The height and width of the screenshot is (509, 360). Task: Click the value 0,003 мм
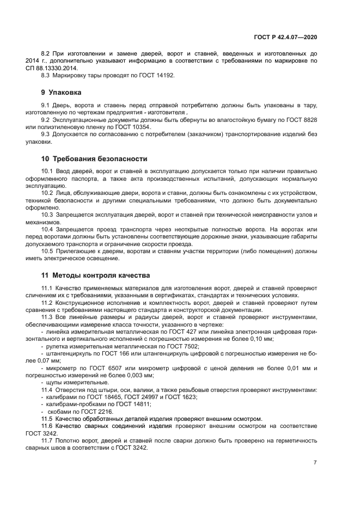139,375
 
